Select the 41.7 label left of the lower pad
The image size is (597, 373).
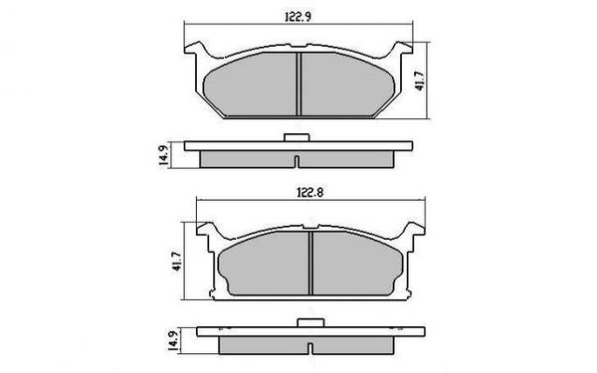pyautogui.click(x=176, y=263)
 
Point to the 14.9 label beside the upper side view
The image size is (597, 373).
pyautogui.click(x=159, y=155)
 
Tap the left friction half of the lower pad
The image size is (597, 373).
pyautogui.click(x=265, y=267)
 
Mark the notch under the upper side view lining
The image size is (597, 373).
pyautogui.click(x=297, y=162)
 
